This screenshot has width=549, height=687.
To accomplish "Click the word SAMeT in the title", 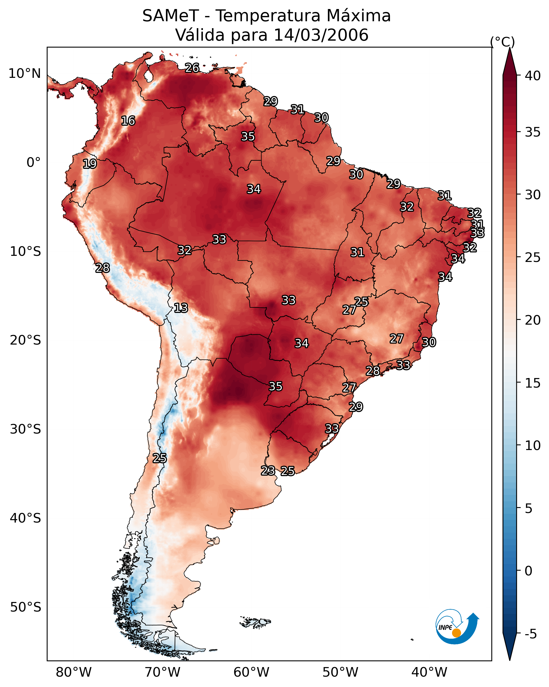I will (x=171, y=16).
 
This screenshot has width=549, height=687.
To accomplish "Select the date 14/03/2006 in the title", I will (x=321, y=35).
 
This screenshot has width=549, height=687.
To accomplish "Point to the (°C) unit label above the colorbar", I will (x=502, y=42).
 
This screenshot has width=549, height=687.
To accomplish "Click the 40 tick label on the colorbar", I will (x=533, y=76).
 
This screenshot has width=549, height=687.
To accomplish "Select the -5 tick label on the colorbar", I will (x=530, y=634).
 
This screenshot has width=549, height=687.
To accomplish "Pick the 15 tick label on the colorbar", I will (x=533, y=383).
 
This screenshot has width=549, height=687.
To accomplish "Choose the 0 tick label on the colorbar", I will (x=528, y=571).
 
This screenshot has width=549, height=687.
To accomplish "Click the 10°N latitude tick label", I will (x=24, y=74).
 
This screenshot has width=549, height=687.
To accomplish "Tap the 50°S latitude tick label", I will (x=25, y=607).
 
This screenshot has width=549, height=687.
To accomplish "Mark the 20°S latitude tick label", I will (x=25, y=340).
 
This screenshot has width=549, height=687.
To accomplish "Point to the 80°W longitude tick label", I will (x=74, y=672).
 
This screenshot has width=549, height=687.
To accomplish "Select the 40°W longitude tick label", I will (x=429, y=672).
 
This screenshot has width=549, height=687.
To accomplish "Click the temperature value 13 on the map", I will (x=181, y=308).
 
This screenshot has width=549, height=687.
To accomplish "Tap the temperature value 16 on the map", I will (x=128, y=121).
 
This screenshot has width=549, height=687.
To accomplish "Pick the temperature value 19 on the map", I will (x=90, y=164).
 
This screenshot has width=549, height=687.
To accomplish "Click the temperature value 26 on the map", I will (x=192, y=68).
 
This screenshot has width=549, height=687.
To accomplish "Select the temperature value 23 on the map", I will (x=268, y=470).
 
